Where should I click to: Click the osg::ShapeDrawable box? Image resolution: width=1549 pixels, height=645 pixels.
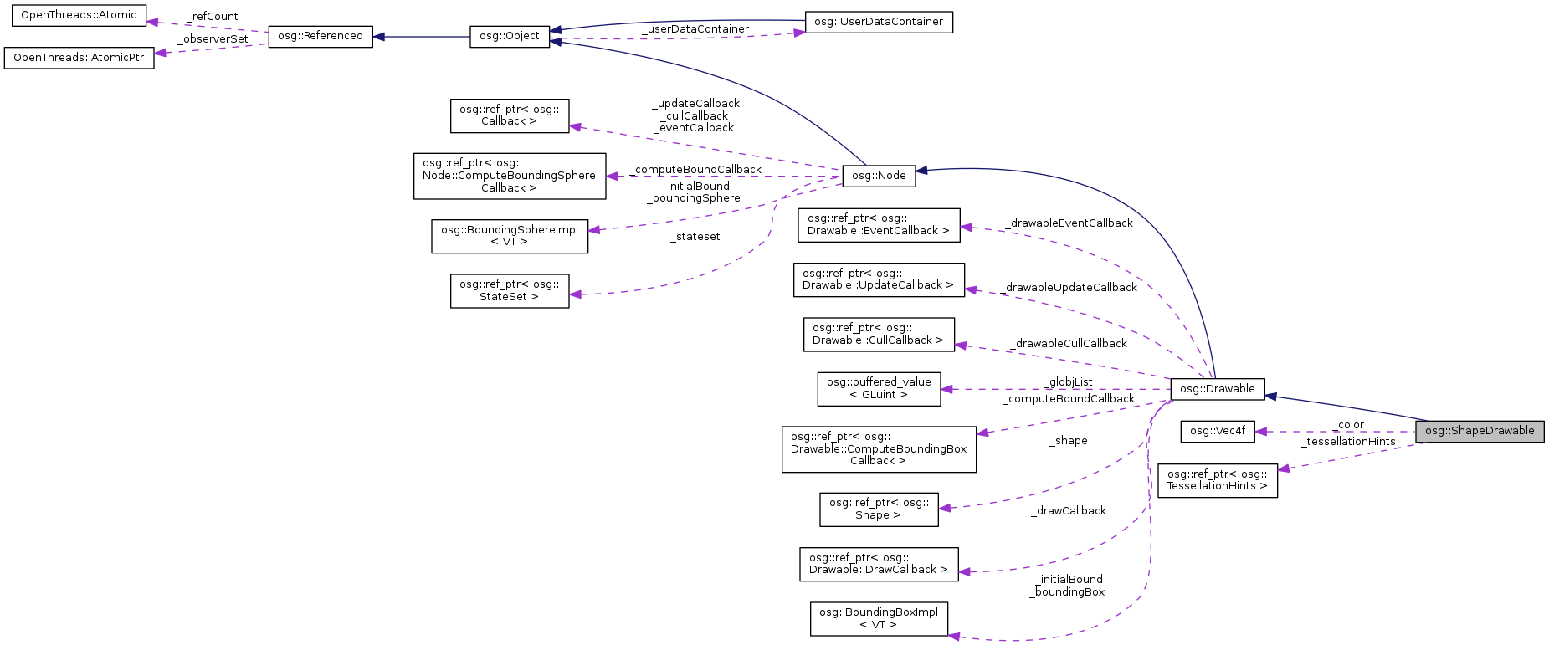point(1479,431)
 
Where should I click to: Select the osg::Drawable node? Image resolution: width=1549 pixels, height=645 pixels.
point(1217,389)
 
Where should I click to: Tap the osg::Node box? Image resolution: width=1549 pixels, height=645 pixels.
point(879,176)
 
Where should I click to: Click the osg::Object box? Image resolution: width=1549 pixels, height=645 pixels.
point(509,36)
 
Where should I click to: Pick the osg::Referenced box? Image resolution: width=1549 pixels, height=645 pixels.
point(320,36)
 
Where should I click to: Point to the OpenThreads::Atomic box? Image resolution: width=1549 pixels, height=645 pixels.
point(78,15)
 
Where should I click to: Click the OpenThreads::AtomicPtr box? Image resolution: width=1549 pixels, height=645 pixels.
point(79,58)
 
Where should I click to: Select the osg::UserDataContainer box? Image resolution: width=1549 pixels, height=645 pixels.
point(878,22)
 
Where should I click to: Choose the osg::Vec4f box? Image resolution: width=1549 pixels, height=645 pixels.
point(1217,431)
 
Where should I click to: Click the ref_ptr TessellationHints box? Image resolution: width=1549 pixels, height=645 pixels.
point(1217,480)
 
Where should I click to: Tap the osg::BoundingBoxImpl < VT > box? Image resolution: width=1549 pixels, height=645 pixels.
point(878,618)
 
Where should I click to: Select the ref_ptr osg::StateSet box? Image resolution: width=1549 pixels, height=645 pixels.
point(509,290)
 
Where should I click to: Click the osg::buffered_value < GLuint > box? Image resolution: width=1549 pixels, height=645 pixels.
point(878,388)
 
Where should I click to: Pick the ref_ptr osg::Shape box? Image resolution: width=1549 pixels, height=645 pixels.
point(878,509)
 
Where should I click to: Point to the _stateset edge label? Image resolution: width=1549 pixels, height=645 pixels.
point(695,237)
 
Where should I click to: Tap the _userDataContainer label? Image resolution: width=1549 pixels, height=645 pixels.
point(695,29)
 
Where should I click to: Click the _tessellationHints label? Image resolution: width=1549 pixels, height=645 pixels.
point(1347,442)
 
